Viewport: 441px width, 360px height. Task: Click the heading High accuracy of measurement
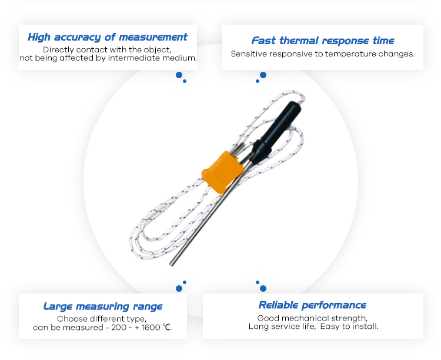pyautogui.click(x=108, y=37)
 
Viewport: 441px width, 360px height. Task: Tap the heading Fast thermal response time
pyautogui.click(x=323, y=41)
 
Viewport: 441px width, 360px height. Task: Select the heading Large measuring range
pyautogui.click(x=103, y=306)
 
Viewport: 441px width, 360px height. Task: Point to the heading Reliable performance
pyautogui.click(x=312, y=305)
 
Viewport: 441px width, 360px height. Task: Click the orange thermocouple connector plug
pyautogui.click(x=222, y=172)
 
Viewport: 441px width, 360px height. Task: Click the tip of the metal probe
pyautogui.click(x=171, y=264)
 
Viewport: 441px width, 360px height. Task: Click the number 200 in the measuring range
pyautogui.click(x=119, y=328)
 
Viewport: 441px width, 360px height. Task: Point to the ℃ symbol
pyautogui.click(x=167, y=327)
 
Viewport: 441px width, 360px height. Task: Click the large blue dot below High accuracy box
pyautogui.click(x=179, y=75)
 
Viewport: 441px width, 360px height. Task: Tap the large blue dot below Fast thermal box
pyautogui.click(x=263, y=75)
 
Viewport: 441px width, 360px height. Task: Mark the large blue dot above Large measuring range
pyautogui.click(x=179, y=288)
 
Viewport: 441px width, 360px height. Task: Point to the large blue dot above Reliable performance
pyautogui.click(x=263, y=288)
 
